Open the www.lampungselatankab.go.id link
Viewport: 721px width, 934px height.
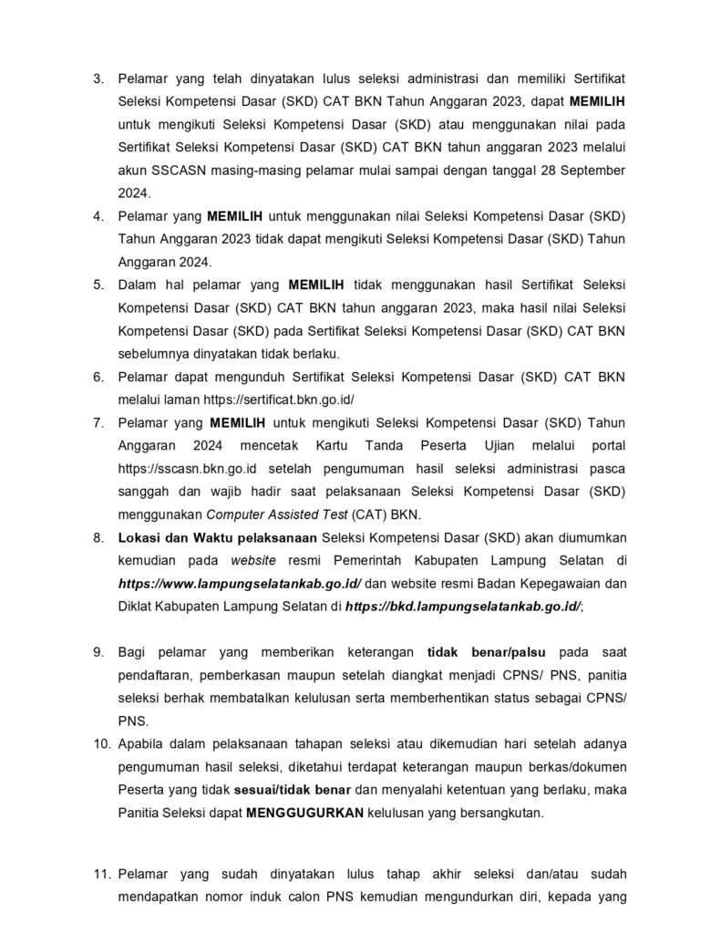[240, 582]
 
